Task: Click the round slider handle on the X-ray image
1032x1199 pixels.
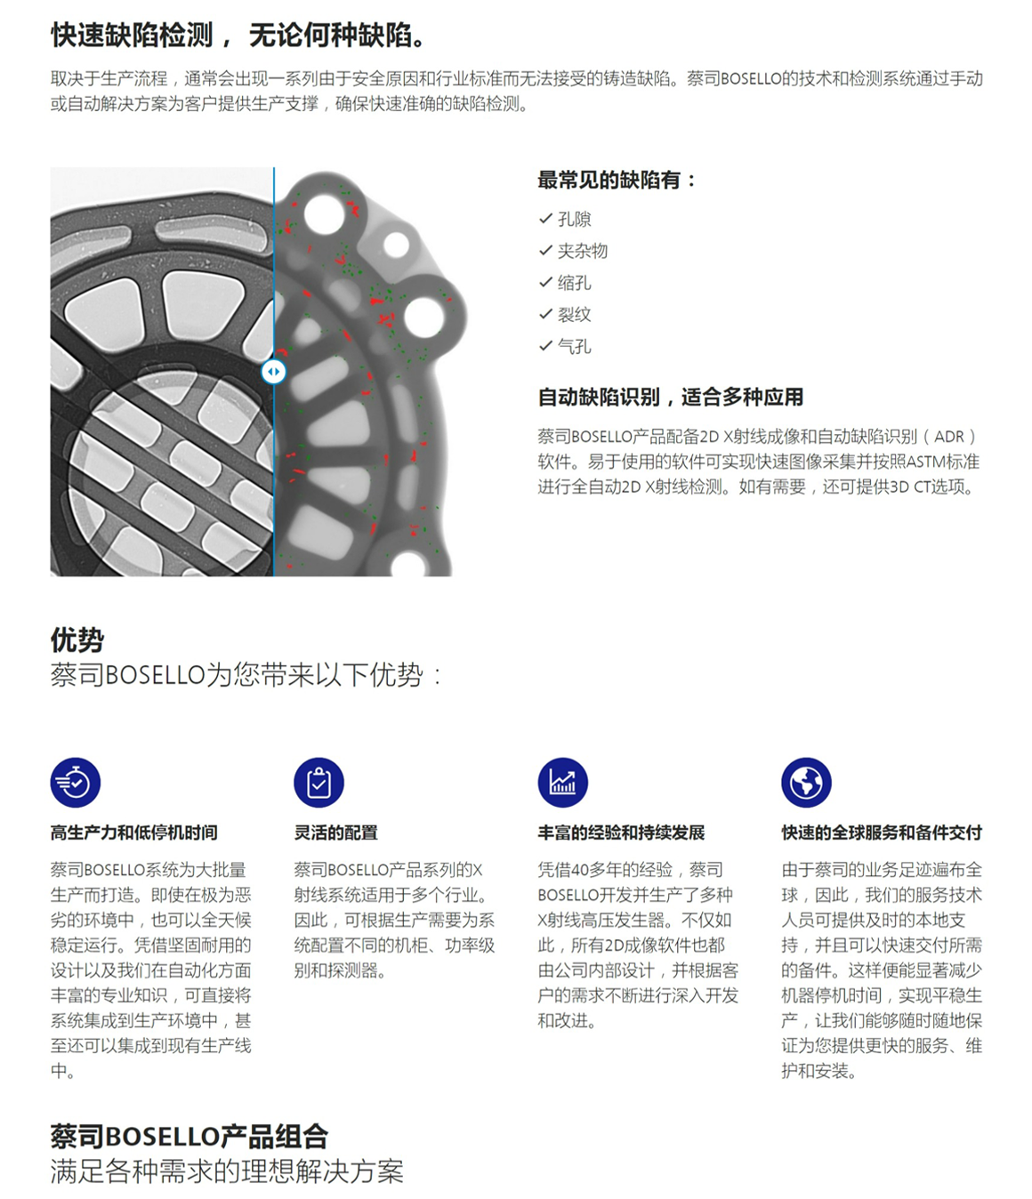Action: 273,371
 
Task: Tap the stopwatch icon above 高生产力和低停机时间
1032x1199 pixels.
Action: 76,783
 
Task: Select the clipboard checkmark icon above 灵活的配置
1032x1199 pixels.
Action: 319,783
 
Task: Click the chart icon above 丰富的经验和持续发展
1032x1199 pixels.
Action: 562,783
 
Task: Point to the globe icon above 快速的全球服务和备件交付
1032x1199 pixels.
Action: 806,783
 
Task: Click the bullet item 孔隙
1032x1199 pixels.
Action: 575,220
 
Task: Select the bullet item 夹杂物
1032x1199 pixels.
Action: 583,251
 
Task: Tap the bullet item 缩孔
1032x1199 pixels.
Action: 575,283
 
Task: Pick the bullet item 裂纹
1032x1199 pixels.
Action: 575,315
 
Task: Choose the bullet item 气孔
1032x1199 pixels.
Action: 575,347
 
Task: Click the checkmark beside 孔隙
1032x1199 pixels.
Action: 545,219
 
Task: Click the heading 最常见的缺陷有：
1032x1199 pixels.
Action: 617,181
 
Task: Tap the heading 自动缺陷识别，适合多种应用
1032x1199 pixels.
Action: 671,398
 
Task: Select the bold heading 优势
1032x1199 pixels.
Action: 77,640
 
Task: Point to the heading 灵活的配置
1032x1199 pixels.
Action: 336,833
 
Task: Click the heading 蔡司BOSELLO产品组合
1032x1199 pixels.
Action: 189,1137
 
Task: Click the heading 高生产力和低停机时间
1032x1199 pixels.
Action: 134,833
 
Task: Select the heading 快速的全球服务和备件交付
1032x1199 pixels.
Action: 882,833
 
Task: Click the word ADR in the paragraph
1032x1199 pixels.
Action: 948,436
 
